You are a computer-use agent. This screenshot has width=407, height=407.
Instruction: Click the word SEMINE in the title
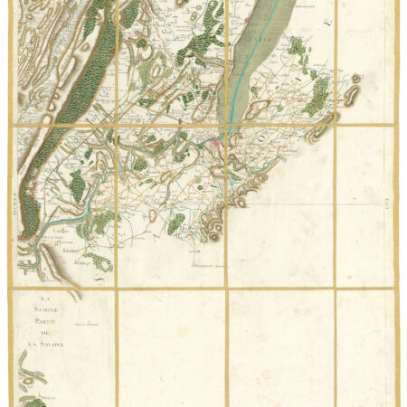coord(41,312)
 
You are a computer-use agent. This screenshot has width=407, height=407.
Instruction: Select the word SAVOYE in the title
coord(45,345)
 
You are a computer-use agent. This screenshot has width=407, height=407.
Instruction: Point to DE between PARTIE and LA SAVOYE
coord(41,334)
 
